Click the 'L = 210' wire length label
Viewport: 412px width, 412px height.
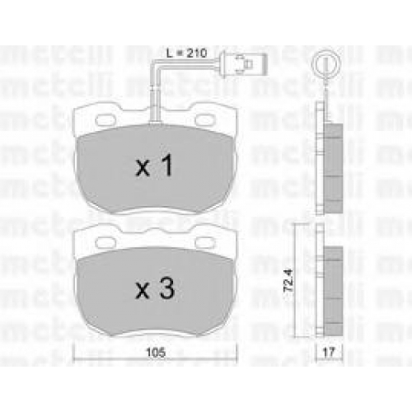tap(186, 53)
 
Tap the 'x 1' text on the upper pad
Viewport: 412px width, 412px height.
tap(155, 165)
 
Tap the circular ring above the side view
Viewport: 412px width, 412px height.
tap(325, 63)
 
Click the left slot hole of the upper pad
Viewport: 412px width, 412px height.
tap(105, 119)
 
